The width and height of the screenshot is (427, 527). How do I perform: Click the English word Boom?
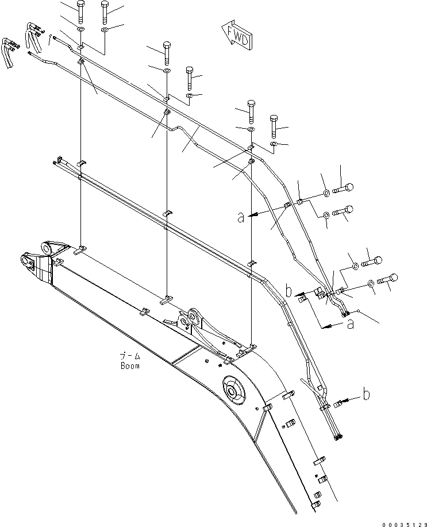130,366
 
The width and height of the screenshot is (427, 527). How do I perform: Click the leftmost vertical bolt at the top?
80,11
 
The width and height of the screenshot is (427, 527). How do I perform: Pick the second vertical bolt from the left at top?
105,11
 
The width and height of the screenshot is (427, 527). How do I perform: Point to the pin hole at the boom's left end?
27,262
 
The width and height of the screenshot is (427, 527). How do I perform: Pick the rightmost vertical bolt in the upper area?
274,125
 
